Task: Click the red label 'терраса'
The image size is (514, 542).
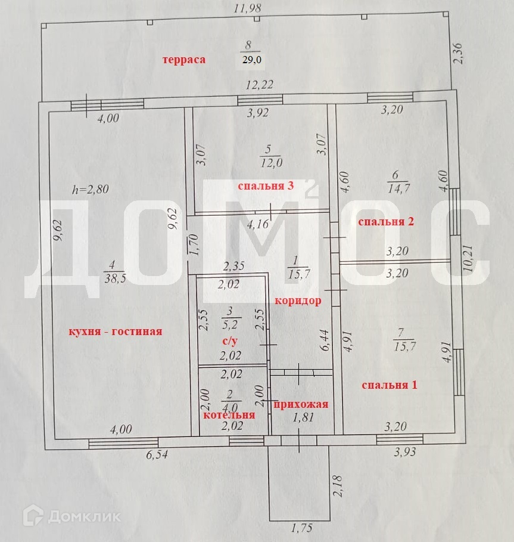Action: pyautogui.click(x=185, y=59)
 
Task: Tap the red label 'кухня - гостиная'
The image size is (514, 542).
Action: pyautogui.click(x=115, y=332)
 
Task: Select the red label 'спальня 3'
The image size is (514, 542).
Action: pyautogui.click(x=266, y=186)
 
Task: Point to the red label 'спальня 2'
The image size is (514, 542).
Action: pyautogui.click(x=385, y=221)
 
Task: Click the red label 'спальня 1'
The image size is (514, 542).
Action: pyautogui.click(x=390, y=385)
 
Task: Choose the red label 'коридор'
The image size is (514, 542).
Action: pyautogui.click(x=298, y=301)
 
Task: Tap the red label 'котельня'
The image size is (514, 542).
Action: pyautogui.click(x=229, y=415)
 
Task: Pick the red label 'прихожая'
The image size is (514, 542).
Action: pyautogui.click(x=301, y=405)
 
